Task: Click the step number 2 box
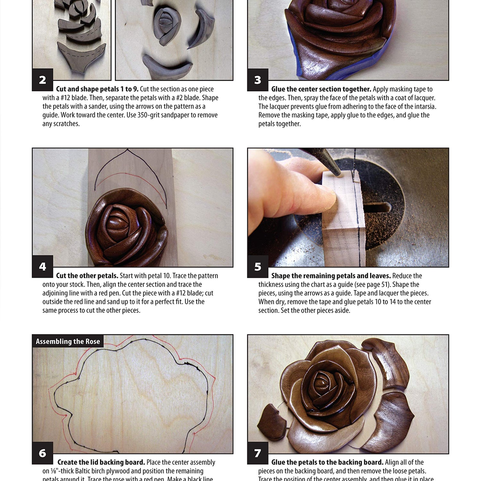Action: tap(42, 80)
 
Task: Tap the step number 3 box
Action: tap(257, 80)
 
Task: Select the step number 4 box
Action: tap(42, 266)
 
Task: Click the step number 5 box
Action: tap(257, 266)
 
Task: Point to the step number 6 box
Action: tap(42, 453)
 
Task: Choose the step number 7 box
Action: tap(257, 453)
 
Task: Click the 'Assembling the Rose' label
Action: tap(68, 342)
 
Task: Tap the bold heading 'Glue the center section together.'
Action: tap(321, 89)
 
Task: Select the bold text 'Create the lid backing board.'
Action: tap(101, 462)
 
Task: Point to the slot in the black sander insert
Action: tap(378, 208)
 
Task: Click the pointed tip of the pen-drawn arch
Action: tap(127, 149)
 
